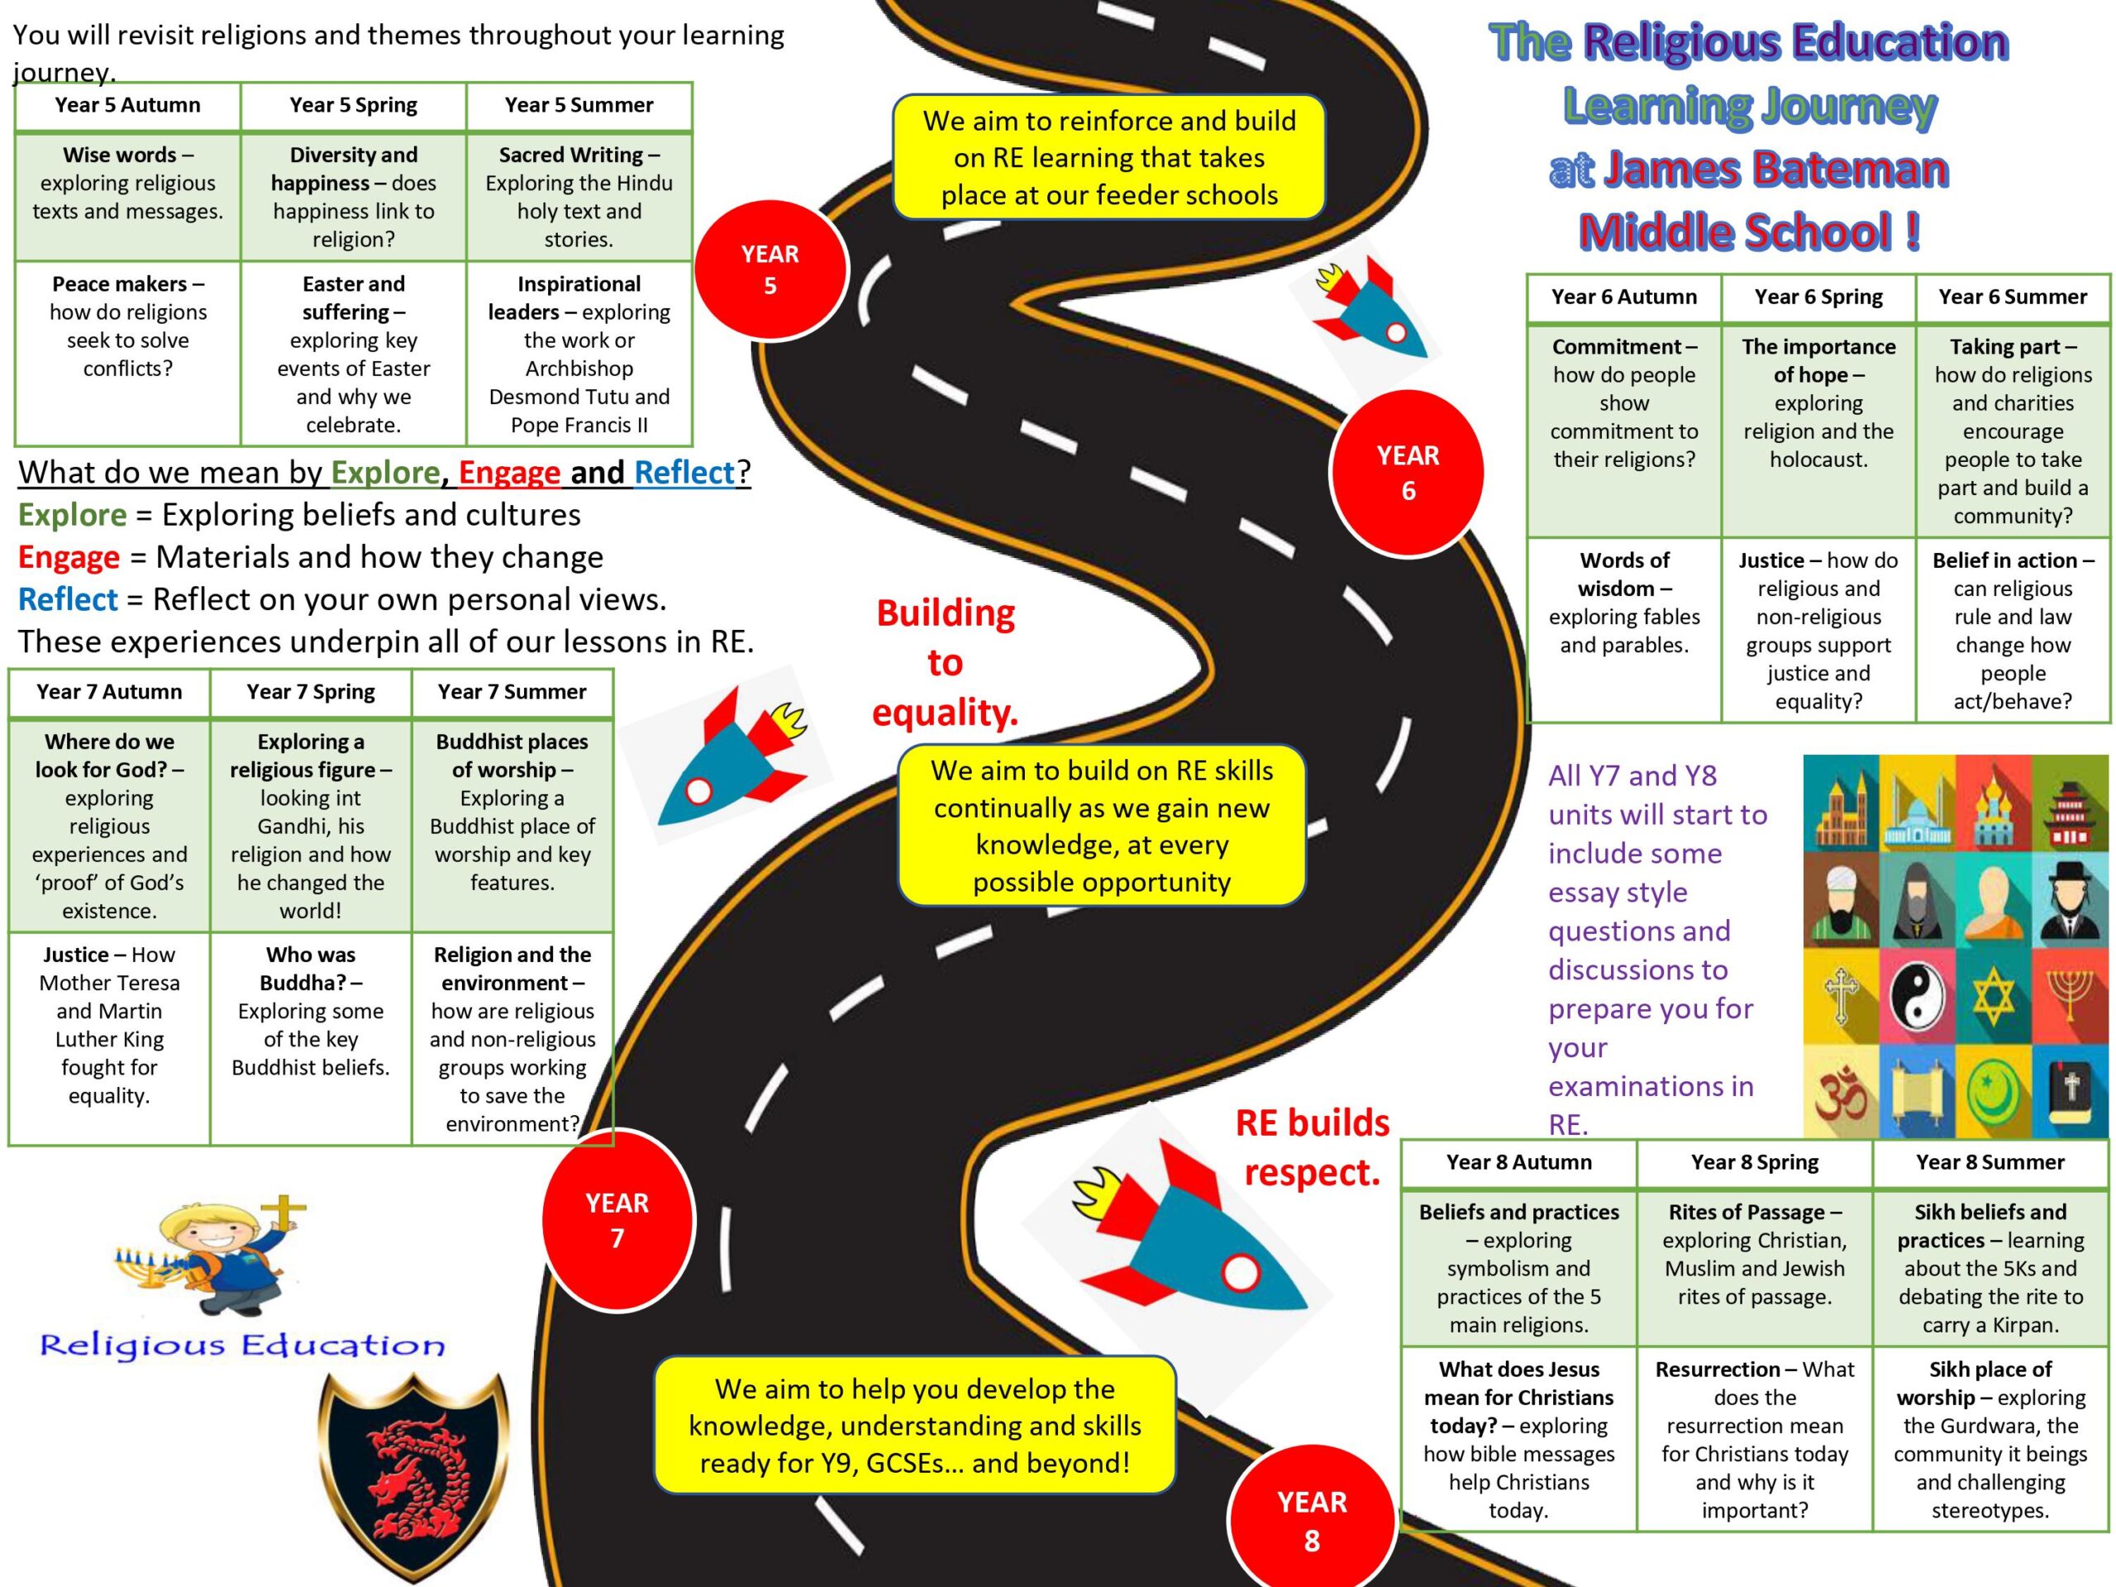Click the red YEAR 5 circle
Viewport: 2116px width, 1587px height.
click(x=770, y=269)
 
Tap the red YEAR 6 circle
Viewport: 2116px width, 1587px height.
click(x=1407, y=473)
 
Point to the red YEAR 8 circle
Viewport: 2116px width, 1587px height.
click(x=1312, y=1519)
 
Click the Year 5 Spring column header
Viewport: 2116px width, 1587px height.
click(x=353, y=105)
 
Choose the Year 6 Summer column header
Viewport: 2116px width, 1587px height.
click(x=2013, y=298)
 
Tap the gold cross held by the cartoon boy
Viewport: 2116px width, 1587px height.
click(x=286, y=1212)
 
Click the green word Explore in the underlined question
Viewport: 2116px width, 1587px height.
click(x=384, y=473)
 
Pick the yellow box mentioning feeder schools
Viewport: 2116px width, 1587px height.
click(x=1108, y=158)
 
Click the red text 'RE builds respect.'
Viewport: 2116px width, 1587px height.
click(x=1312, y=1147)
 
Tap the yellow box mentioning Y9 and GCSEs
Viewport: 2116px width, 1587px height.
click(x=914, y=1425)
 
